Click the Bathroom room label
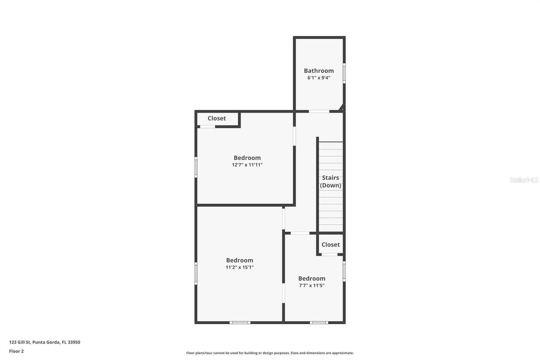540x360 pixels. pos(319,70)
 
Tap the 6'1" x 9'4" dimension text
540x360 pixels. pos(319,78)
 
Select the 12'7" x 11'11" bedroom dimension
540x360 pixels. pos(247,165)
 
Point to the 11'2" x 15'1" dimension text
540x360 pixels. pos(240,267)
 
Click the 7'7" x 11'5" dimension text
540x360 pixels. pos(312,285)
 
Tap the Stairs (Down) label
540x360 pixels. pos(330,181)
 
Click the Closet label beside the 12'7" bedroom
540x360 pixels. pos(217,118)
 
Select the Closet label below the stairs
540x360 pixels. pos(330,244)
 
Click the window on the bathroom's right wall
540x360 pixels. pos(344,73)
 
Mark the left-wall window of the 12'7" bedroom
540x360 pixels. pos(196,167)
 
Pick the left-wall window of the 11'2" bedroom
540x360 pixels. pos(196,273)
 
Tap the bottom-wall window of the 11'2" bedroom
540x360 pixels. pos(240,322)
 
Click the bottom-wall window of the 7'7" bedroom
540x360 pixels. pos(319,322)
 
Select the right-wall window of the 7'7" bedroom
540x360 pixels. pos(344,271)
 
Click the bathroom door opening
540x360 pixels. pos(319,111)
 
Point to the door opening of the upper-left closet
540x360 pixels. pos(208,127)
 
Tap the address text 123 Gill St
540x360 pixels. pos(20,342)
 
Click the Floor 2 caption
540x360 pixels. pos(16,351)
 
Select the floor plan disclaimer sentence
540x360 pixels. pos(270,353)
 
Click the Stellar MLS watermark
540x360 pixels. pos(524,180)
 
